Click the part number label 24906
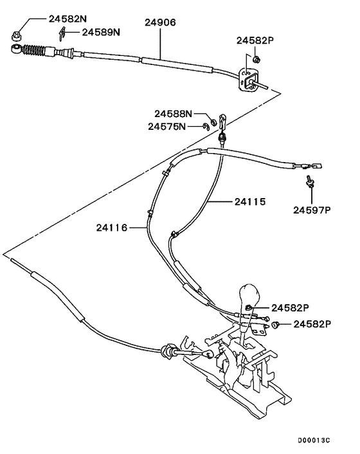pos(159,22)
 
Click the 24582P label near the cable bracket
pos(255,40)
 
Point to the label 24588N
pos(172,114)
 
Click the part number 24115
pos(249,201)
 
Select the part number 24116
pos(113,227)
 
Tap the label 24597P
pos(312,209)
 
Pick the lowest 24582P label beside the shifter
pos(312,323)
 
